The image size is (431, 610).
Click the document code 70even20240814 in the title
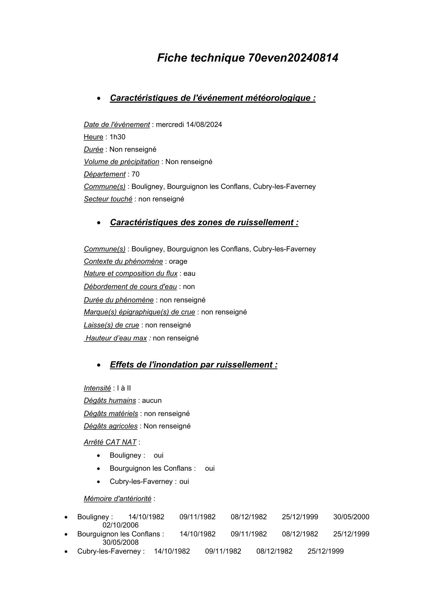(x=293, y=58)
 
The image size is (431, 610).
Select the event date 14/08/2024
(x=204, y=125)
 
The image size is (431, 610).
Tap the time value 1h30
(x=117, y=137)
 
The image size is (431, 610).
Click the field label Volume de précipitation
(x=121, y=162)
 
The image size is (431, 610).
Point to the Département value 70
(x=136, y=174)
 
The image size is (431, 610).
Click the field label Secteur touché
(x=108, y=199)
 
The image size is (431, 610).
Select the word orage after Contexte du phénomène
(x=178, y=261)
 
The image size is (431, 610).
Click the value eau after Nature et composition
(x=189, y=274)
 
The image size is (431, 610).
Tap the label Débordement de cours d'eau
(x=130, y=287)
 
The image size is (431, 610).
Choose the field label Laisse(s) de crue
(x=111, y=325)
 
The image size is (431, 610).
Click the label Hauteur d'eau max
(x=116, y=338)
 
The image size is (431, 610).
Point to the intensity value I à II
(x=124, y=388)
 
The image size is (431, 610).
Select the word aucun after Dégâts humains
(x=152, y=401)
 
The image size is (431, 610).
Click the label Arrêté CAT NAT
(x=110, y=442)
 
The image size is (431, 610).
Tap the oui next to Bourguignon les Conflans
(x=210, y=468)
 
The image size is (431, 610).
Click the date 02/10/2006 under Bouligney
(x=120, y=525)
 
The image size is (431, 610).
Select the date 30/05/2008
(x=120, y=542)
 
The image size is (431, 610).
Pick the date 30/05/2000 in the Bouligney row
(x=351, y=517)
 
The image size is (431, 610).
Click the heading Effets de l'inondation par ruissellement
(x=194, y=365)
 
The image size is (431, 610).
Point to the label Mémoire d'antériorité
(x=117, y=499)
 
